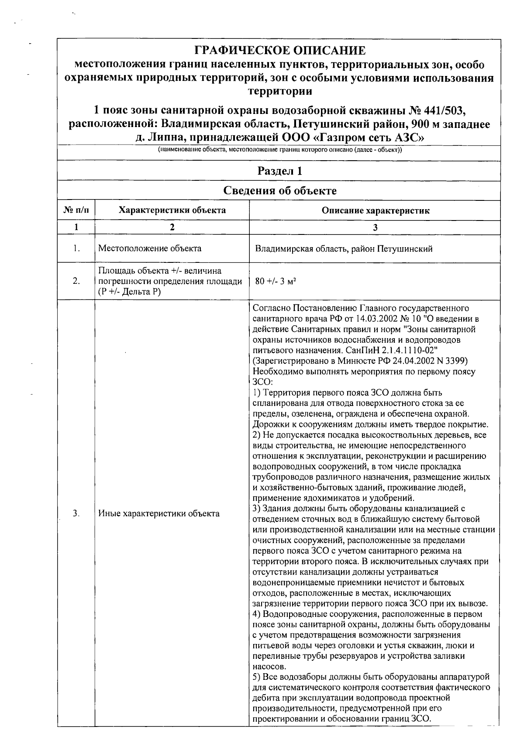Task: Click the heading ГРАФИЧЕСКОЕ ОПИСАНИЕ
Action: pyautogui.click(x=279, y=51)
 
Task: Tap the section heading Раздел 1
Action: pyautogui.click(x=279, y=171)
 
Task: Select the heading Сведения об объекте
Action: pyautogui.click(x=279, y=191)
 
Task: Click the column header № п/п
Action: pyautogui.click(x=76, y=210)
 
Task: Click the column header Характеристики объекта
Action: pyautogui.click(x=172, y=210)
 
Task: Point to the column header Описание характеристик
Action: pyautogui.click(x=375, y=211)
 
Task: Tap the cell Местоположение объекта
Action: pyautogui.click(x=150, y=249)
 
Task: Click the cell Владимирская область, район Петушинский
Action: pyautogui.click(x=344, y=249)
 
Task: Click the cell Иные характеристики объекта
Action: pyautogui.click(x=159, y=513)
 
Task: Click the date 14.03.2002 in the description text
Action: pyautogui.click(x=387, y=319)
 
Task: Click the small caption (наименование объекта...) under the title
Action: pyautogui.click(x=279, y=150)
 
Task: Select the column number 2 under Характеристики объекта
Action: pyautogui.click(x=172, y=227)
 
